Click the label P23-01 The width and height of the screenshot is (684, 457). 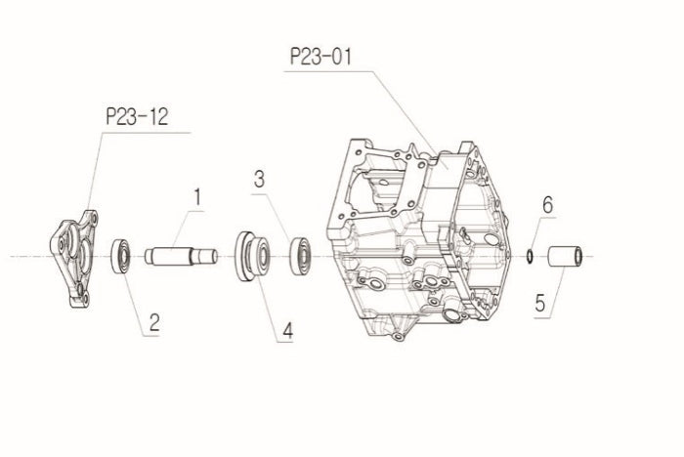(x=321, y=56)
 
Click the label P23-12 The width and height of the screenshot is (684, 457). (x=136, y=118)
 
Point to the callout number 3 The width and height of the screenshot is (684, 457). (x=260, y=179)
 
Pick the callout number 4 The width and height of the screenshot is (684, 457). (x=286, y=332)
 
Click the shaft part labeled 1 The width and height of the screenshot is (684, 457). (x=181, y=256)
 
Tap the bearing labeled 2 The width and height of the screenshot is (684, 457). (x=122, y=256)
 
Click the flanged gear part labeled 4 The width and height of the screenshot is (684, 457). (x=251, y=256)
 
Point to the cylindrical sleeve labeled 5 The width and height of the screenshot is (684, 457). (x=564, y=257)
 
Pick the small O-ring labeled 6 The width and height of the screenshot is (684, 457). (x=529, y=256)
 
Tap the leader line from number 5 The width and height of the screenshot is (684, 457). (x=557, y=289)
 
